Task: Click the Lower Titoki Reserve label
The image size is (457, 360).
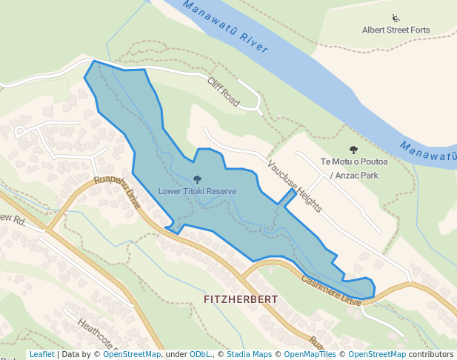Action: click(x=197, y=191)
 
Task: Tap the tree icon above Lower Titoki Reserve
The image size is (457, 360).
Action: click(x=197, y=179)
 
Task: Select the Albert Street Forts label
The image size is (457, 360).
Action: click(x=396, y=30)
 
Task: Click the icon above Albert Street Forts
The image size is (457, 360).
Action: click(x=396, y=19)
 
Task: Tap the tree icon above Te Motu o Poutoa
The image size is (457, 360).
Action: click(x=353, y=150)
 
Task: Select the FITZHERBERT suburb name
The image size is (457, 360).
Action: click(x=241, y=299)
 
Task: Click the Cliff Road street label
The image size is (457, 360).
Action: click(x=224, y=93)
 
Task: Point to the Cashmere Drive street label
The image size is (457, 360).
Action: click(x=330, y=287)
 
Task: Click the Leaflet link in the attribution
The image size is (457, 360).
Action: click(x=41, y=354)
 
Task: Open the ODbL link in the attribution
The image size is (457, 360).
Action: click(x=199, y=354)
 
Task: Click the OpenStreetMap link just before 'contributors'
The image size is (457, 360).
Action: click(x=377, y=354)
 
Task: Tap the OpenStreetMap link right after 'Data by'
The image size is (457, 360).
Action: click(x=132, y=354)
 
